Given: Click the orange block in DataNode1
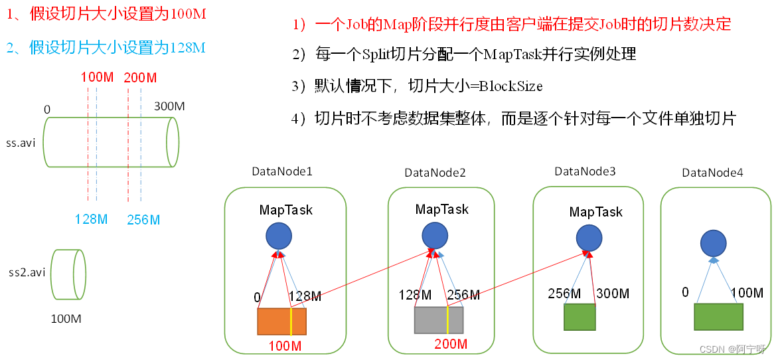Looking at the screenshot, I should click(281, 321).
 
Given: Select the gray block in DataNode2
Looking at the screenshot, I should click(439, 320).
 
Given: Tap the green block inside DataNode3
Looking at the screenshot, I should click(580, 317).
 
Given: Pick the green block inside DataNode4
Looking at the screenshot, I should click(719, 317).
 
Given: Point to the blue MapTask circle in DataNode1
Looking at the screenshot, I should click(279, 236).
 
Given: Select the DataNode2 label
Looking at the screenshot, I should click(435, 173).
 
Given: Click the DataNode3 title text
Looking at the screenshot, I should click(585, 171).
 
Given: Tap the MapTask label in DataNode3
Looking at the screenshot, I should click(596, 212).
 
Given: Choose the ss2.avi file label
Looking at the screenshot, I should click(27, 272).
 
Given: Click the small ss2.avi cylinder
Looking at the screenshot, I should click(69, 274).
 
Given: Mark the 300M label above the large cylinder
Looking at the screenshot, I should click(169, 106).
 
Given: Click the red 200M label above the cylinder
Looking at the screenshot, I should click(140, 78).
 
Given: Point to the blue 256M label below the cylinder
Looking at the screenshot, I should click(143, 220).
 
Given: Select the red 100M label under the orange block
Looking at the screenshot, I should click(285, 346).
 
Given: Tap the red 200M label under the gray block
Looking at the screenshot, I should click(451, 344).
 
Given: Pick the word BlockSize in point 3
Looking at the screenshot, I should click(511, 86).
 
